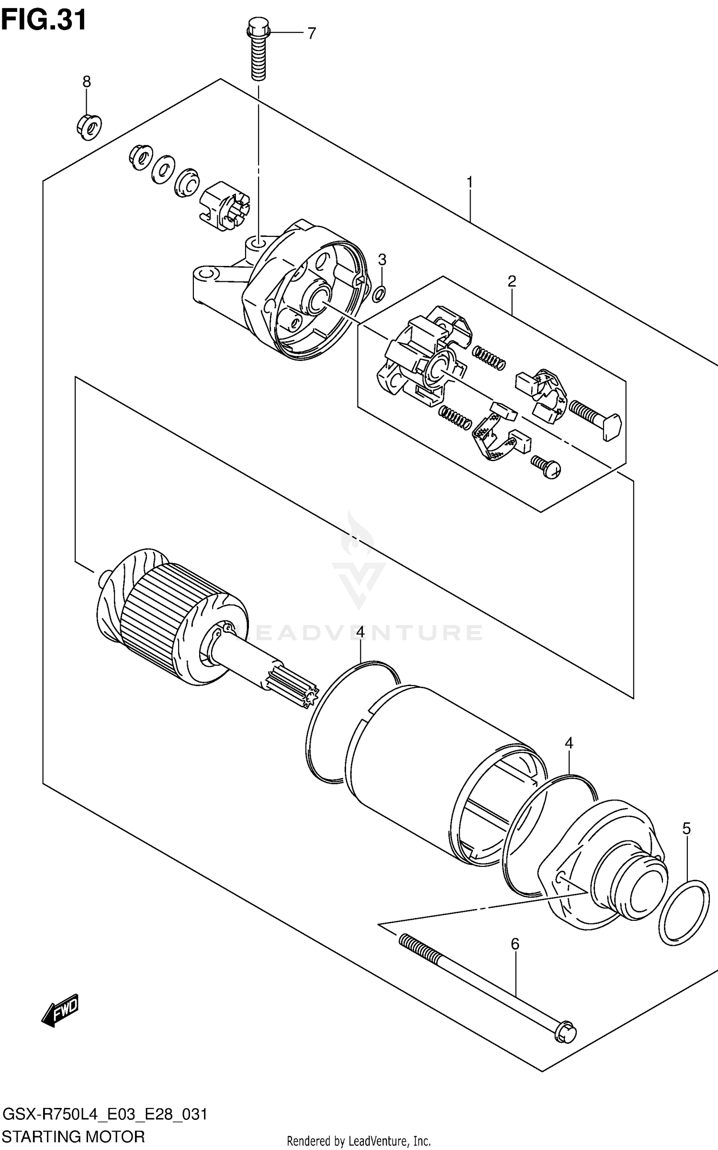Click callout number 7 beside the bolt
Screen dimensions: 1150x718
[x=312, y=33]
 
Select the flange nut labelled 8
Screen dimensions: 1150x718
[x=89, y=126]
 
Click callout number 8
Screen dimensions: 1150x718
[x=87, y=82]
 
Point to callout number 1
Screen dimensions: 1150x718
[x=470, y=182]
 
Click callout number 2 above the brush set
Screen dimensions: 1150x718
[x=512, y=282]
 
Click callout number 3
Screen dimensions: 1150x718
[x=381, y=260]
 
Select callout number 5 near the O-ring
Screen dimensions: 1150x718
[x=686, y=829]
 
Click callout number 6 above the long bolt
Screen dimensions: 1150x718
[x=515, y=944]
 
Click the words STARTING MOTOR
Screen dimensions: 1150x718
[x=73, y=1135]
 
